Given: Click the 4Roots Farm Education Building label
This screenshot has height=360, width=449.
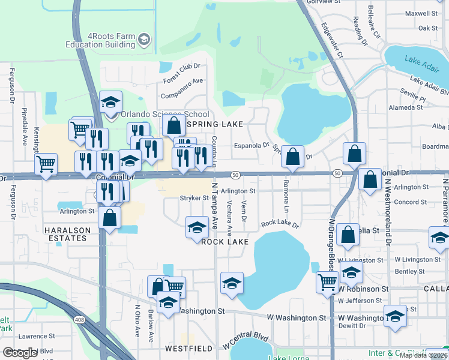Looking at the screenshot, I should click(x=101, y=40).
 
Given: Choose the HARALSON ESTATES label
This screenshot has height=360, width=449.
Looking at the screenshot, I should click(x=67, y=234).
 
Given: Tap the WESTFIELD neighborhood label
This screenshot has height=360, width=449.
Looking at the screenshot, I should click(x=190, y=348).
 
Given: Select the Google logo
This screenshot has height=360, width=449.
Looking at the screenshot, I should click(x=20, y=353).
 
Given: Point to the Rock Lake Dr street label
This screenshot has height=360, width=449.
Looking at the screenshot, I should click(x=279, y=224).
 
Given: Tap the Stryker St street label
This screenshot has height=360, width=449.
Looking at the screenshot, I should click(x=194, y=198).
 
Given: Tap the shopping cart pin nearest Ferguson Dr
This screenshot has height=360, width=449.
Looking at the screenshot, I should click(x=46, y=164).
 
